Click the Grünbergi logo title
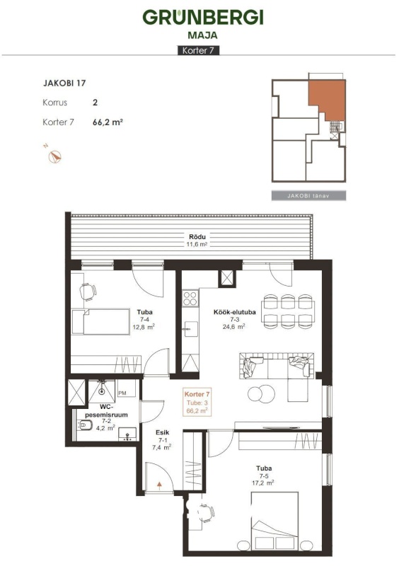(203, 17)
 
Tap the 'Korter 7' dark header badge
(199, 50)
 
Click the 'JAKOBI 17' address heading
(64, 83)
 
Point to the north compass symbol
(55, 157)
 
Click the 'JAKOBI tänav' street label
(308, 196)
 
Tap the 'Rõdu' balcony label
(197, 237)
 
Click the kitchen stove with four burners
(190, 298)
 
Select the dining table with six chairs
(288, 311)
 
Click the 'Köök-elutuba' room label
(235, 312)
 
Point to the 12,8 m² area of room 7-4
(144, 327)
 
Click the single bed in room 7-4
(100, 321)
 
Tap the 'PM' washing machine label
(122, 393)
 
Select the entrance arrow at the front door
(159, 485)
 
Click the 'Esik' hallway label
(162, 432)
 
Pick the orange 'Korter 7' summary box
(197, 403)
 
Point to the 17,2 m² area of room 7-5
(263, 483)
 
